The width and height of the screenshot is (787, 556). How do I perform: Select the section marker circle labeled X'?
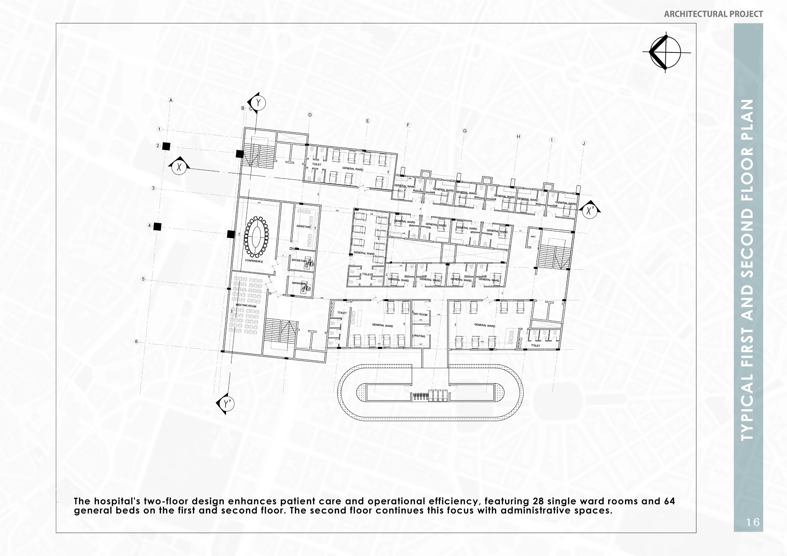(x=590, y=211)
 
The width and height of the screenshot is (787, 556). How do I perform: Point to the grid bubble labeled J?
(x=584, y=143)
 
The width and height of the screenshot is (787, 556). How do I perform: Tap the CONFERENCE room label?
(x=254, y=261)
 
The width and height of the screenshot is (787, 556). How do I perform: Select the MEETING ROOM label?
(x=246, y=305)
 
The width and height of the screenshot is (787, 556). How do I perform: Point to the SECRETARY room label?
(x=299, y=260)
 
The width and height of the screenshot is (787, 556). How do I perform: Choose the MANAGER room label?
(x=299, y=283)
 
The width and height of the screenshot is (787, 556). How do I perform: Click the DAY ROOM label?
(x=420, y=314)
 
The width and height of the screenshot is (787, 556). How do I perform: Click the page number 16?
(x=753, y=522)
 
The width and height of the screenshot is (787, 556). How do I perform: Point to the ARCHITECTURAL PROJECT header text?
(x=713, y=14)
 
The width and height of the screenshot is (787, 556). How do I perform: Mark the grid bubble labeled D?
(x=310, y=115)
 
